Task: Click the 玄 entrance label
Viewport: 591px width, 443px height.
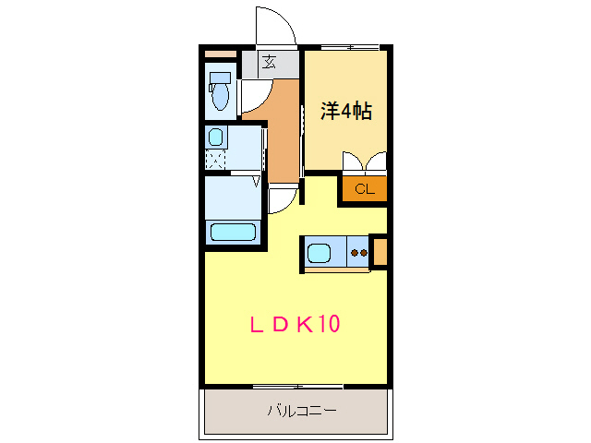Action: [269, 63]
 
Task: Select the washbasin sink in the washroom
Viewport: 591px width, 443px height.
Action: [215, 138]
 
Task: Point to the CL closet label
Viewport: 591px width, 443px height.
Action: [363, 190]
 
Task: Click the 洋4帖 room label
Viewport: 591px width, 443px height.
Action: [345, 112]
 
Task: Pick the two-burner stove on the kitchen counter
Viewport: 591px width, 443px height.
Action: [357, 251]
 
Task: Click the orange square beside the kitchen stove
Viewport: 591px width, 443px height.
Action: [380, 252]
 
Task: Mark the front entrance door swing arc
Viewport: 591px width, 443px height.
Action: [275, 27]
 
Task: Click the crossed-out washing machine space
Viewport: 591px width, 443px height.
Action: [215, 159]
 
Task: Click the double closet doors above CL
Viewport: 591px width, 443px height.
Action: [364, 164]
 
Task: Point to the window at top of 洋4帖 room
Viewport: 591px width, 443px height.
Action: [349, 47]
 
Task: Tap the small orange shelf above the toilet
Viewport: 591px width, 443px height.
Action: [221, 54]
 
